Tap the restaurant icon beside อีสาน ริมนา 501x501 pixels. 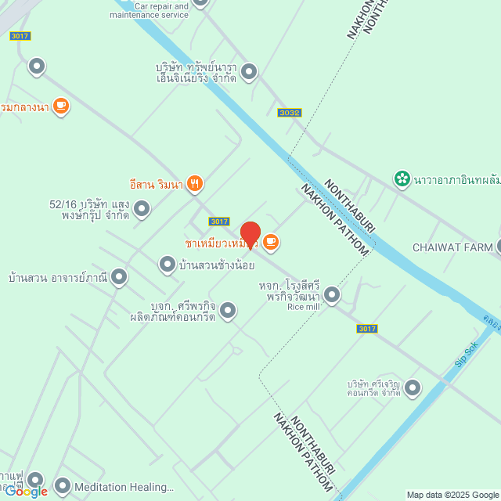[195, 184]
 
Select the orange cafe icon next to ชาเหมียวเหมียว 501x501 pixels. [271, 242]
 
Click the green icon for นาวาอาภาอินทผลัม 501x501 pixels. [402, 179]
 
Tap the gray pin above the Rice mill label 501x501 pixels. [332, 295]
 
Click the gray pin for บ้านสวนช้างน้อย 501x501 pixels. [167, 265]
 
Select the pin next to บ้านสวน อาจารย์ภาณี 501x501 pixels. [119, 276]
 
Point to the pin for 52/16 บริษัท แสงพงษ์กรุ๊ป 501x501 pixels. [142, 208]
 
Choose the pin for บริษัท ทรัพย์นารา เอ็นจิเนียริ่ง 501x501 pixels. [249, 73]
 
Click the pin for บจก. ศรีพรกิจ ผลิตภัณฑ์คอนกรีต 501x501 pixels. [228, 311]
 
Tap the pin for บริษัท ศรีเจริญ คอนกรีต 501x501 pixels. [412, 387]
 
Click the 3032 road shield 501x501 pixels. [289, 113]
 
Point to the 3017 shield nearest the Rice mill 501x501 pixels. [367, 329]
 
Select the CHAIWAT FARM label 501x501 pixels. [452, 247]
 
